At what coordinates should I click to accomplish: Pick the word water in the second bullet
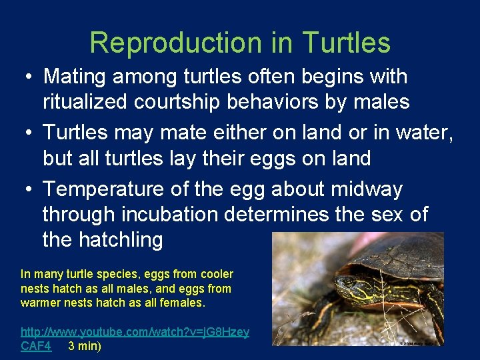(x=424, y=133)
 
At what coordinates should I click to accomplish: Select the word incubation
(x=161, y=215)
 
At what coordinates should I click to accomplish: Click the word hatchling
(x=102, y=239)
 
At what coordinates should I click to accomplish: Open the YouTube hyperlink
(x=135, y=332)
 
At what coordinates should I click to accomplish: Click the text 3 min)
(x=85, y=346)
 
